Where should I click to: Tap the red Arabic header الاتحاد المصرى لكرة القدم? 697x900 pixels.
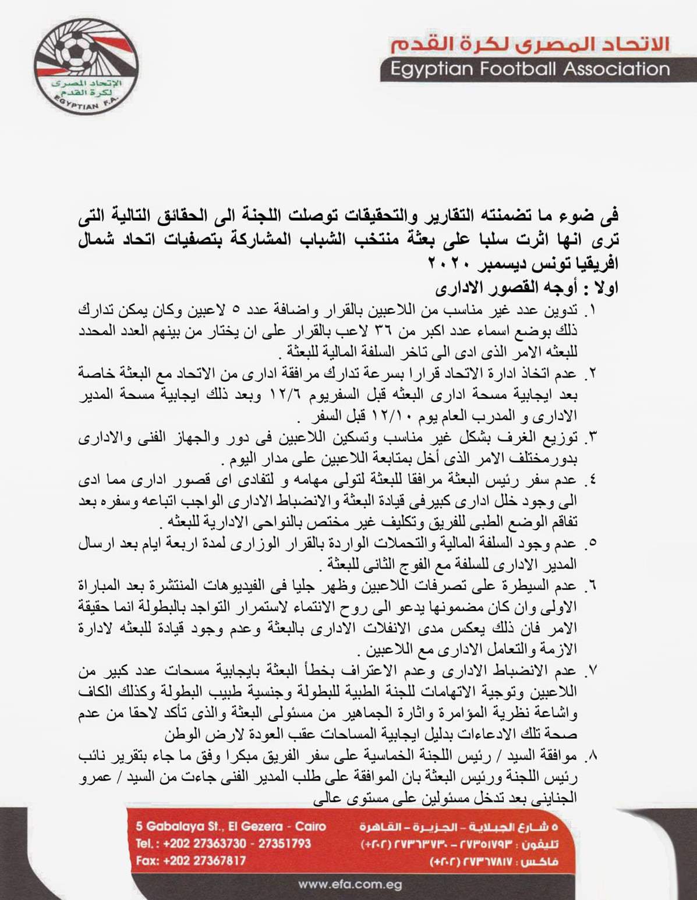click(x=530, y=44)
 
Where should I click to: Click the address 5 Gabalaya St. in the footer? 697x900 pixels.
click(x=231, y=826)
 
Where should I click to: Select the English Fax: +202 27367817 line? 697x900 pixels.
click(x=191, y=860)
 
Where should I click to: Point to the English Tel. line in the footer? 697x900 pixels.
click(x=224, y=844)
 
